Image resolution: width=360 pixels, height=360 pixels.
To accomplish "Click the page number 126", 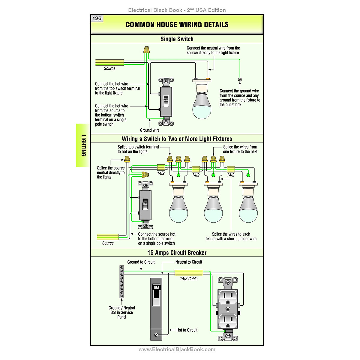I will coord(97,19).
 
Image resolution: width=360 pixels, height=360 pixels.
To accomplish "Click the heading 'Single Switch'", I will coord(177,39).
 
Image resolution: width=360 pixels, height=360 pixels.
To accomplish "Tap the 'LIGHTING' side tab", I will coord(83,145).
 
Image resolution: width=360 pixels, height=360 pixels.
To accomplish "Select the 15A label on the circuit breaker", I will coord(156,288).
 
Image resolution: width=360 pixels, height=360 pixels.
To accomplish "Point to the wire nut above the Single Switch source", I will coord(146,49).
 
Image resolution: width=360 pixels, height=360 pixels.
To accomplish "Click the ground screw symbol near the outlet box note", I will coord(240,79).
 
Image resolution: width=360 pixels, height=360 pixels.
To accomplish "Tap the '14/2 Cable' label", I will coord(189,279).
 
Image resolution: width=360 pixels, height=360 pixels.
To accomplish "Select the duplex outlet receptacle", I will coord(228,309).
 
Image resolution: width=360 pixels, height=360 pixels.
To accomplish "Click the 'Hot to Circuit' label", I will coord(187,330).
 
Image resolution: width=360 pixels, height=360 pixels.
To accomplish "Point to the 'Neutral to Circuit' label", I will coord(189,262).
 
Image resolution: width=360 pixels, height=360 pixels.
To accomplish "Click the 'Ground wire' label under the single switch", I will coord(150,130).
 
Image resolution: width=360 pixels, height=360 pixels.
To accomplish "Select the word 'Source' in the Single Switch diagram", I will coord(109,68).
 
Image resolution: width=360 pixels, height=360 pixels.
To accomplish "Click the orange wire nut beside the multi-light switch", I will coord(145,174).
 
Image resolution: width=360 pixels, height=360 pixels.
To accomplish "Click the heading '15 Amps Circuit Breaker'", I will coord(177,253).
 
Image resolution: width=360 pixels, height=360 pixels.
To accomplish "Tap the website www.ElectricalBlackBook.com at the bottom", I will coord(177,349).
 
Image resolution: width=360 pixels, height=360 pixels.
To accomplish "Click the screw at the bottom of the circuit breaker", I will coord(156,334).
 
